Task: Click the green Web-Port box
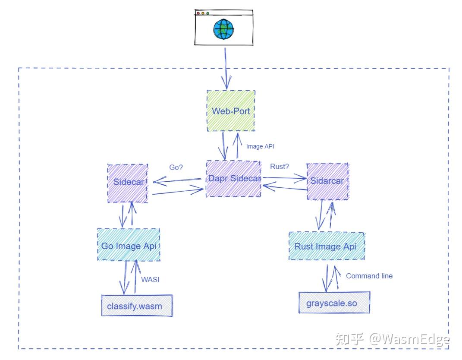231,111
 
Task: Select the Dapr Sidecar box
233,179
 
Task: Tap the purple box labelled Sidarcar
327,181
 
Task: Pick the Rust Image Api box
326,246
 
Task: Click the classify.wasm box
137,306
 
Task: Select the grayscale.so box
334,303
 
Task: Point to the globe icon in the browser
223,29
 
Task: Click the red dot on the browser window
198,13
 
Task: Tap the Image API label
260,146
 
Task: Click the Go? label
176,167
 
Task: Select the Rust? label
279,167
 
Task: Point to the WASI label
150,279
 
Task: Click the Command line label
369,276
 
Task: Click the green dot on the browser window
208,13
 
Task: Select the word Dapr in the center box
217,179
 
